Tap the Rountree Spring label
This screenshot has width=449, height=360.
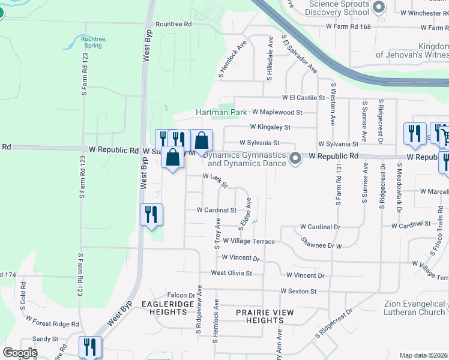92,43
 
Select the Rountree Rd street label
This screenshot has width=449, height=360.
173,24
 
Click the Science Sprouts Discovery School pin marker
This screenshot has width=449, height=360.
379,8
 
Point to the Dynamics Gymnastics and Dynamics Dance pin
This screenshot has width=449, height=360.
295,158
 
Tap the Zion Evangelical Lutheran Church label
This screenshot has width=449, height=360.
415,308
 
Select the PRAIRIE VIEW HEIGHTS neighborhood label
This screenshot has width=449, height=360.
265,316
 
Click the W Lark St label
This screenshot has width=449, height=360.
215,181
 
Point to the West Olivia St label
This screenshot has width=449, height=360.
231,273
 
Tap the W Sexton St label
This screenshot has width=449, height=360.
298,292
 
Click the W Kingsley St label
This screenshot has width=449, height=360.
271,127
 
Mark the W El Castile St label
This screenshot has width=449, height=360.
303,97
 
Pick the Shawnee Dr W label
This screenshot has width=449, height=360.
321,245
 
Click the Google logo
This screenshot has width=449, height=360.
20,353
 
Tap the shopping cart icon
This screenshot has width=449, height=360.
443,133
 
